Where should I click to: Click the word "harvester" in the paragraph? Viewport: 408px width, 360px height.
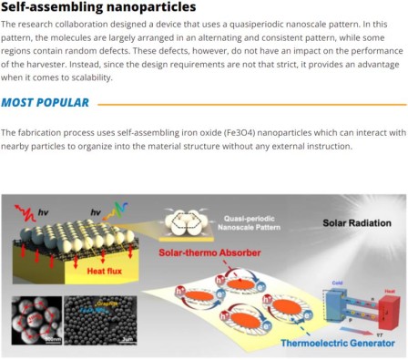pos(30,65)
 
